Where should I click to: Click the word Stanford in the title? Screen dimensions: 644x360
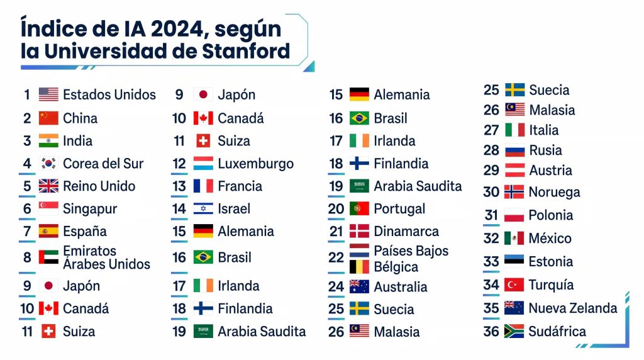tap(246, 51)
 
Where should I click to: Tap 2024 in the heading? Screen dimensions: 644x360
tap(177, 29)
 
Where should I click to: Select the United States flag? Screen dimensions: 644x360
tap(48, 94)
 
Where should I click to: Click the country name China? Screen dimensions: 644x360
tap(80, 118)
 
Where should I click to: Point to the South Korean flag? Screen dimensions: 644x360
tap(48, 164)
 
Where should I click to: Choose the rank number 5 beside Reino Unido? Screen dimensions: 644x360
tap(27, 186)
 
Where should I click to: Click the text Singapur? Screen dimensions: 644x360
tap(90, 209)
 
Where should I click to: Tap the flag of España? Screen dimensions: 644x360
tap(48, 232)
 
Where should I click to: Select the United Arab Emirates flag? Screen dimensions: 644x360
tap(48, 257)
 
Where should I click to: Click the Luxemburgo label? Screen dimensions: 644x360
tap(256, 164)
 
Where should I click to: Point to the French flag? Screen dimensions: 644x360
tap(203, 186)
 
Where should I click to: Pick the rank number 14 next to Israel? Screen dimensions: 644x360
tap(179, 209)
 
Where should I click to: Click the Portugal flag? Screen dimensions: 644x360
tap(359, 209)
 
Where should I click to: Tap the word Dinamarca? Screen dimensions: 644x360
tap(406, 232)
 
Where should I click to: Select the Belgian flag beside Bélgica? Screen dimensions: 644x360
tap(359, 267)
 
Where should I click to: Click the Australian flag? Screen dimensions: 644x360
tap(359, 286)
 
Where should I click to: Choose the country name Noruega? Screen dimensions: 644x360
tap(555, 193)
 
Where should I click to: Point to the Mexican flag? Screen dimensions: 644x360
tap(514, 239)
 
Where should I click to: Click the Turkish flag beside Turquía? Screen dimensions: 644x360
tap(514, 285)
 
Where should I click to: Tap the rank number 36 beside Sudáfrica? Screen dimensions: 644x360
tap(491, 332)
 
